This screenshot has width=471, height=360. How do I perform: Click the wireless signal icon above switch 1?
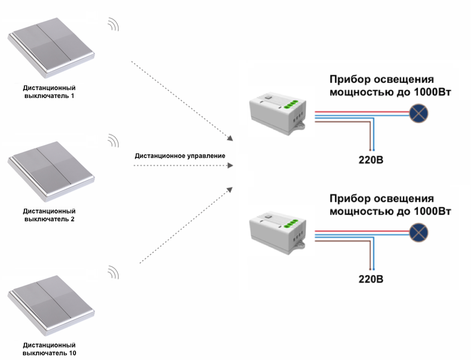(113, 24)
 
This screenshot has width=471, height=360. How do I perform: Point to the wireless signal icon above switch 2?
(113, 140)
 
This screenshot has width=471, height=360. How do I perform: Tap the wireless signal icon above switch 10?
(113, 272)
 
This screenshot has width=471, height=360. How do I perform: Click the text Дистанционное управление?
(180, 156)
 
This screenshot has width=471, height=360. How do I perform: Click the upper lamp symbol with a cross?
(418, 113)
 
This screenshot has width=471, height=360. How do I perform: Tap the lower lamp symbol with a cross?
(418, 232)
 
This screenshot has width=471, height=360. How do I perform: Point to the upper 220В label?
(371, 160)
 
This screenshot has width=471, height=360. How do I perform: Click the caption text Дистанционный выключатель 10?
(50, 348)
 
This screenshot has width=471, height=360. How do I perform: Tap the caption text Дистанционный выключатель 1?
(50, 92)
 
